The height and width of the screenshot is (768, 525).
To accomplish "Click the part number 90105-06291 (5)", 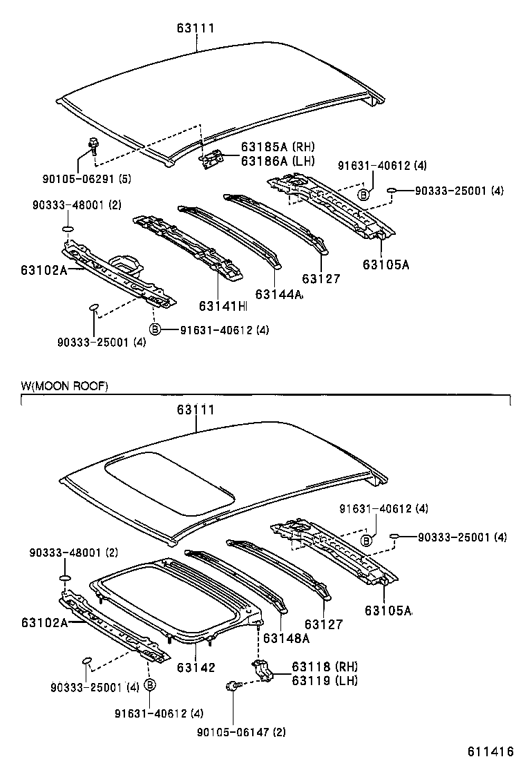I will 97,180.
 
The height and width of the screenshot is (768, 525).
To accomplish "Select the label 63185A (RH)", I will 277,147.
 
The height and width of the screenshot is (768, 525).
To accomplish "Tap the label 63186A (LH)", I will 277,161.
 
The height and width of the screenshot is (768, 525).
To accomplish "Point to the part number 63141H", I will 222,305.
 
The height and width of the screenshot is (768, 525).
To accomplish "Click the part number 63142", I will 196,667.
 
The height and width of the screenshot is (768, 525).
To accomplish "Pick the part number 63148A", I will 286,638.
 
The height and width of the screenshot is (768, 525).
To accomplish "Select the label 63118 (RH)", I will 324,667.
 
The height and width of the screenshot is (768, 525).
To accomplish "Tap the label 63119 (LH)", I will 324,680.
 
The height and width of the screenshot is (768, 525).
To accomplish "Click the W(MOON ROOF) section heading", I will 64,386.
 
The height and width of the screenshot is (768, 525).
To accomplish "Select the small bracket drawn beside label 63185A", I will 211,159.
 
